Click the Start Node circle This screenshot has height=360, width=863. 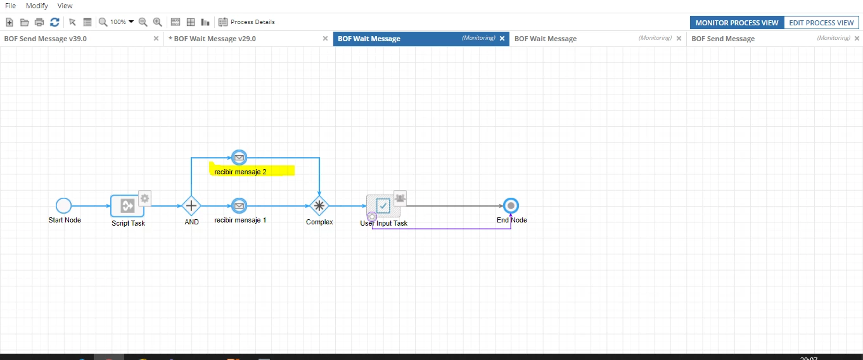tap(63, 205)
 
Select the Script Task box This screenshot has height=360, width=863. tap(127, 206)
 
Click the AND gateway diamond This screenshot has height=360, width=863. tap(191, 206)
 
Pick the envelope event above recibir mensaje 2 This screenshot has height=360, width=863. tap(239, 158)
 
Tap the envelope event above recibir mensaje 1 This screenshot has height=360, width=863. tap(239, 206)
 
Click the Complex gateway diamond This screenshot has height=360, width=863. tap(319, 206)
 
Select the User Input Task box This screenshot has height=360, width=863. tap(383, 206)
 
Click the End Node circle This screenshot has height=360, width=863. tap(511, 206)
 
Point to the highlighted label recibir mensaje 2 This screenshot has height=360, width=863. tap(240, 172)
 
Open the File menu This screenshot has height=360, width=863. tap(10, 6)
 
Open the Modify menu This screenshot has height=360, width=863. tap(37, 6)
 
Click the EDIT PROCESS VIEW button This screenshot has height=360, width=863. tap(821, 23)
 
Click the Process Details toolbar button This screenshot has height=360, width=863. tap(246, 22)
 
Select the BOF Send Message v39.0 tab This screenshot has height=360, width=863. tap(46, 39)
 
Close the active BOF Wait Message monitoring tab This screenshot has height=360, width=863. tap(502, 38)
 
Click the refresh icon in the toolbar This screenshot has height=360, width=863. tap(54, 22)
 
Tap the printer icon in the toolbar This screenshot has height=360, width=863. tap(39, 22)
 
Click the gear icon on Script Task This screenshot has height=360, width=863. tap(145, 198)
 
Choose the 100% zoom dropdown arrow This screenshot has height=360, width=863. tap(131, 22)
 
